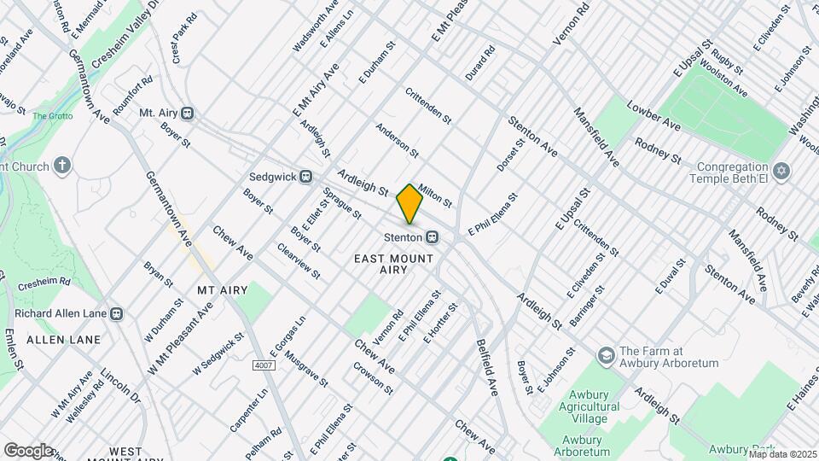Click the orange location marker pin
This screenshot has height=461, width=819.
point(409,203)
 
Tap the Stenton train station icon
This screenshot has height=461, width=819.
point(433,236)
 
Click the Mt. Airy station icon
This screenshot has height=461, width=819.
point(187,113)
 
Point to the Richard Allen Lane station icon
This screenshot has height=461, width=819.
point(118,313)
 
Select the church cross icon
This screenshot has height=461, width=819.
point(62,165)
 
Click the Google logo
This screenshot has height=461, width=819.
point(27,450)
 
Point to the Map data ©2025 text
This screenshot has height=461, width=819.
point(782,453)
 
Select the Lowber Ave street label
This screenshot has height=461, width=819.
point(653,116)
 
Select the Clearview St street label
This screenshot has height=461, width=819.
point(299,261)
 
